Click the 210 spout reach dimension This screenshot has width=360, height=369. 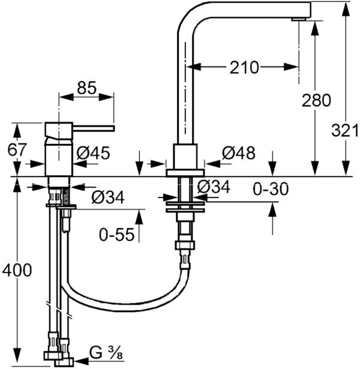(244, 67)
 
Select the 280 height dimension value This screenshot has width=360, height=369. (316, 100)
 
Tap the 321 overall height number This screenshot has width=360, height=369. (345, 130)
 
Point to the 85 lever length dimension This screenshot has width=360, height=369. (86, 88)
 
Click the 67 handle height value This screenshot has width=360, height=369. (16, 149)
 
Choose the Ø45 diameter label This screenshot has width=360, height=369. (93, 153)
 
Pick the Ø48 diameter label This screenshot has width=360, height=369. (238, 153)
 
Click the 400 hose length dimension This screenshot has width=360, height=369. (17, 270)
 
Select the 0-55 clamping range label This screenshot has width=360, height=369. (117, 235)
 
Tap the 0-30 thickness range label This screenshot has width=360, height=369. (271, 189)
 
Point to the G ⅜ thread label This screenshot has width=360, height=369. (106, 353)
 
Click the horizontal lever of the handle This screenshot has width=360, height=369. (93, 128)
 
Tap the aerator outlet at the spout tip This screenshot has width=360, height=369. (299, 19)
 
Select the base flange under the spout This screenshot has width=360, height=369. (185, 173)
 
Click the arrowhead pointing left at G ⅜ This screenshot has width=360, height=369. (80, 361)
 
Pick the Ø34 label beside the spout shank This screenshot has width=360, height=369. (214, 187)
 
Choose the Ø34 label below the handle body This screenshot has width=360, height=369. (108, 197)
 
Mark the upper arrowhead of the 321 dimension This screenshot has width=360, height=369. (346, 8)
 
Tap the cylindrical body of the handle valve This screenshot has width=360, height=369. (59, 157)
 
